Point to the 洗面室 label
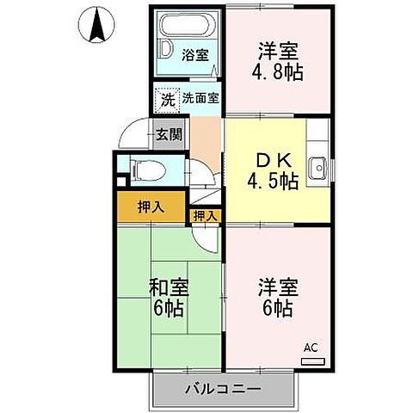pyautogui.click(x=200, y=98)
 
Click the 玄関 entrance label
pyautogui.click(x=170, y=134)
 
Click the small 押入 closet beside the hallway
pyautogui.click(x=205, y=215)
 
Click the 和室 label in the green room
pyautogui.click(x=169, y=287)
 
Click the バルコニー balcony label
pyautogui.click(x=223, y=389)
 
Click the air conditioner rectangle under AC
pyautogui.click(x=313, y=361)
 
